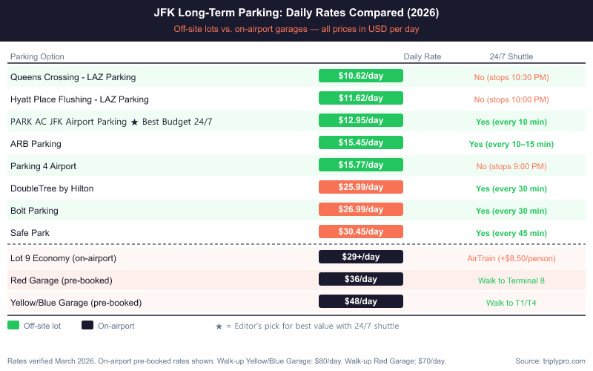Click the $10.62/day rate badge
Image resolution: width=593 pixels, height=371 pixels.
(360, 76)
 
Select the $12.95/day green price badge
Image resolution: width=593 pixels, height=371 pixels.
(360, 120)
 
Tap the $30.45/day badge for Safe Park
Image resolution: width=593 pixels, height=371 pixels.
(360, 232)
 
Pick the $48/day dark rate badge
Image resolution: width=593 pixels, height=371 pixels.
(360, 302)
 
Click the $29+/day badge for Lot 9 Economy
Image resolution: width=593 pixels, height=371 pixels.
(360, 257)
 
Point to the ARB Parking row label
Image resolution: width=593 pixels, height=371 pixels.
(36, 144)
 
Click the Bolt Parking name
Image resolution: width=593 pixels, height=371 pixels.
(34, 211)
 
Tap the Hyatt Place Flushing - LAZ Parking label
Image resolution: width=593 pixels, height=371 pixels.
(79, 99)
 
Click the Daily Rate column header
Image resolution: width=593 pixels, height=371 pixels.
(422, 56)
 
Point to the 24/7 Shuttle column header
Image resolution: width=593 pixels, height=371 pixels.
(511, 56)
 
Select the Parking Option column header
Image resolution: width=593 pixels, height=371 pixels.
(37, 56)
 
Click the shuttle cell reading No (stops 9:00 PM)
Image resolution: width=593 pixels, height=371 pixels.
(511, 166)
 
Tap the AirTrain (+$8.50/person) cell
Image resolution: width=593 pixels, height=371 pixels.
(511, 258)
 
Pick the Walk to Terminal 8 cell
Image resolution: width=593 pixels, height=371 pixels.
(511, 280)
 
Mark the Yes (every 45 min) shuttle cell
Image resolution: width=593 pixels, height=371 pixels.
(511, 233)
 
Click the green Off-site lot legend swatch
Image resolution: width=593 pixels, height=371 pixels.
(13, 325)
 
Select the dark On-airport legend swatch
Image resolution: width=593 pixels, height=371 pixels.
(87, 325)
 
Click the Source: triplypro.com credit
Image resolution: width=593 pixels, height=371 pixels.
(550, 361)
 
